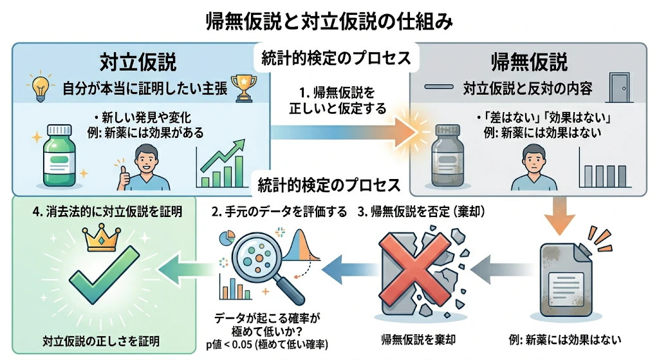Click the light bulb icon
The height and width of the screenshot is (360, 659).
40,87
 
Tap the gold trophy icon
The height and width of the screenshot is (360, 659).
244,88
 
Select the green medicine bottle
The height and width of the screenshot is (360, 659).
60,155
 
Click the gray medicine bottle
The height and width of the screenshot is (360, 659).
448,155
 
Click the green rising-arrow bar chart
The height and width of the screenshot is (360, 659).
221,164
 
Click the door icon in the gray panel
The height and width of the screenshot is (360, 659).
619,88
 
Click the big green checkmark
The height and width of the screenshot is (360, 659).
104,275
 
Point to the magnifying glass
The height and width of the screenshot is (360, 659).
263,265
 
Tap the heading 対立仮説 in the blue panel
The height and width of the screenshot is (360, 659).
138,62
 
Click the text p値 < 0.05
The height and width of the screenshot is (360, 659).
229,345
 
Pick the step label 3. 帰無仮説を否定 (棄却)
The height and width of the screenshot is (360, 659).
422,211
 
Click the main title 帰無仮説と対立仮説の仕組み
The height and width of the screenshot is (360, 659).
329,22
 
